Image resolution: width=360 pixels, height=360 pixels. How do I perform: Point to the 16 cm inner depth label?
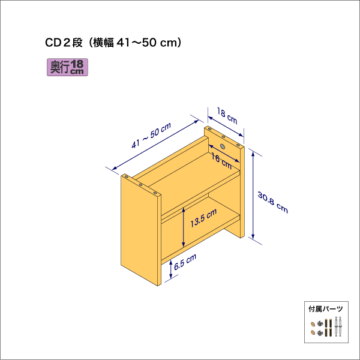click(222, 160)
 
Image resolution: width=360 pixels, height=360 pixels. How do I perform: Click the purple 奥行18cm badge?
click(67, 67)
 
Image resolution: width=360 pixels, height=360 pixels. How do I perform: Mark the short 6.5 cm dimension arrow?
click(172, 269)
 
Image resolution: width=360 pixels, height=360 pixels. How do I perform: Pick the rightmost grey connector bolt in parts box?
click(340, 326)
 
